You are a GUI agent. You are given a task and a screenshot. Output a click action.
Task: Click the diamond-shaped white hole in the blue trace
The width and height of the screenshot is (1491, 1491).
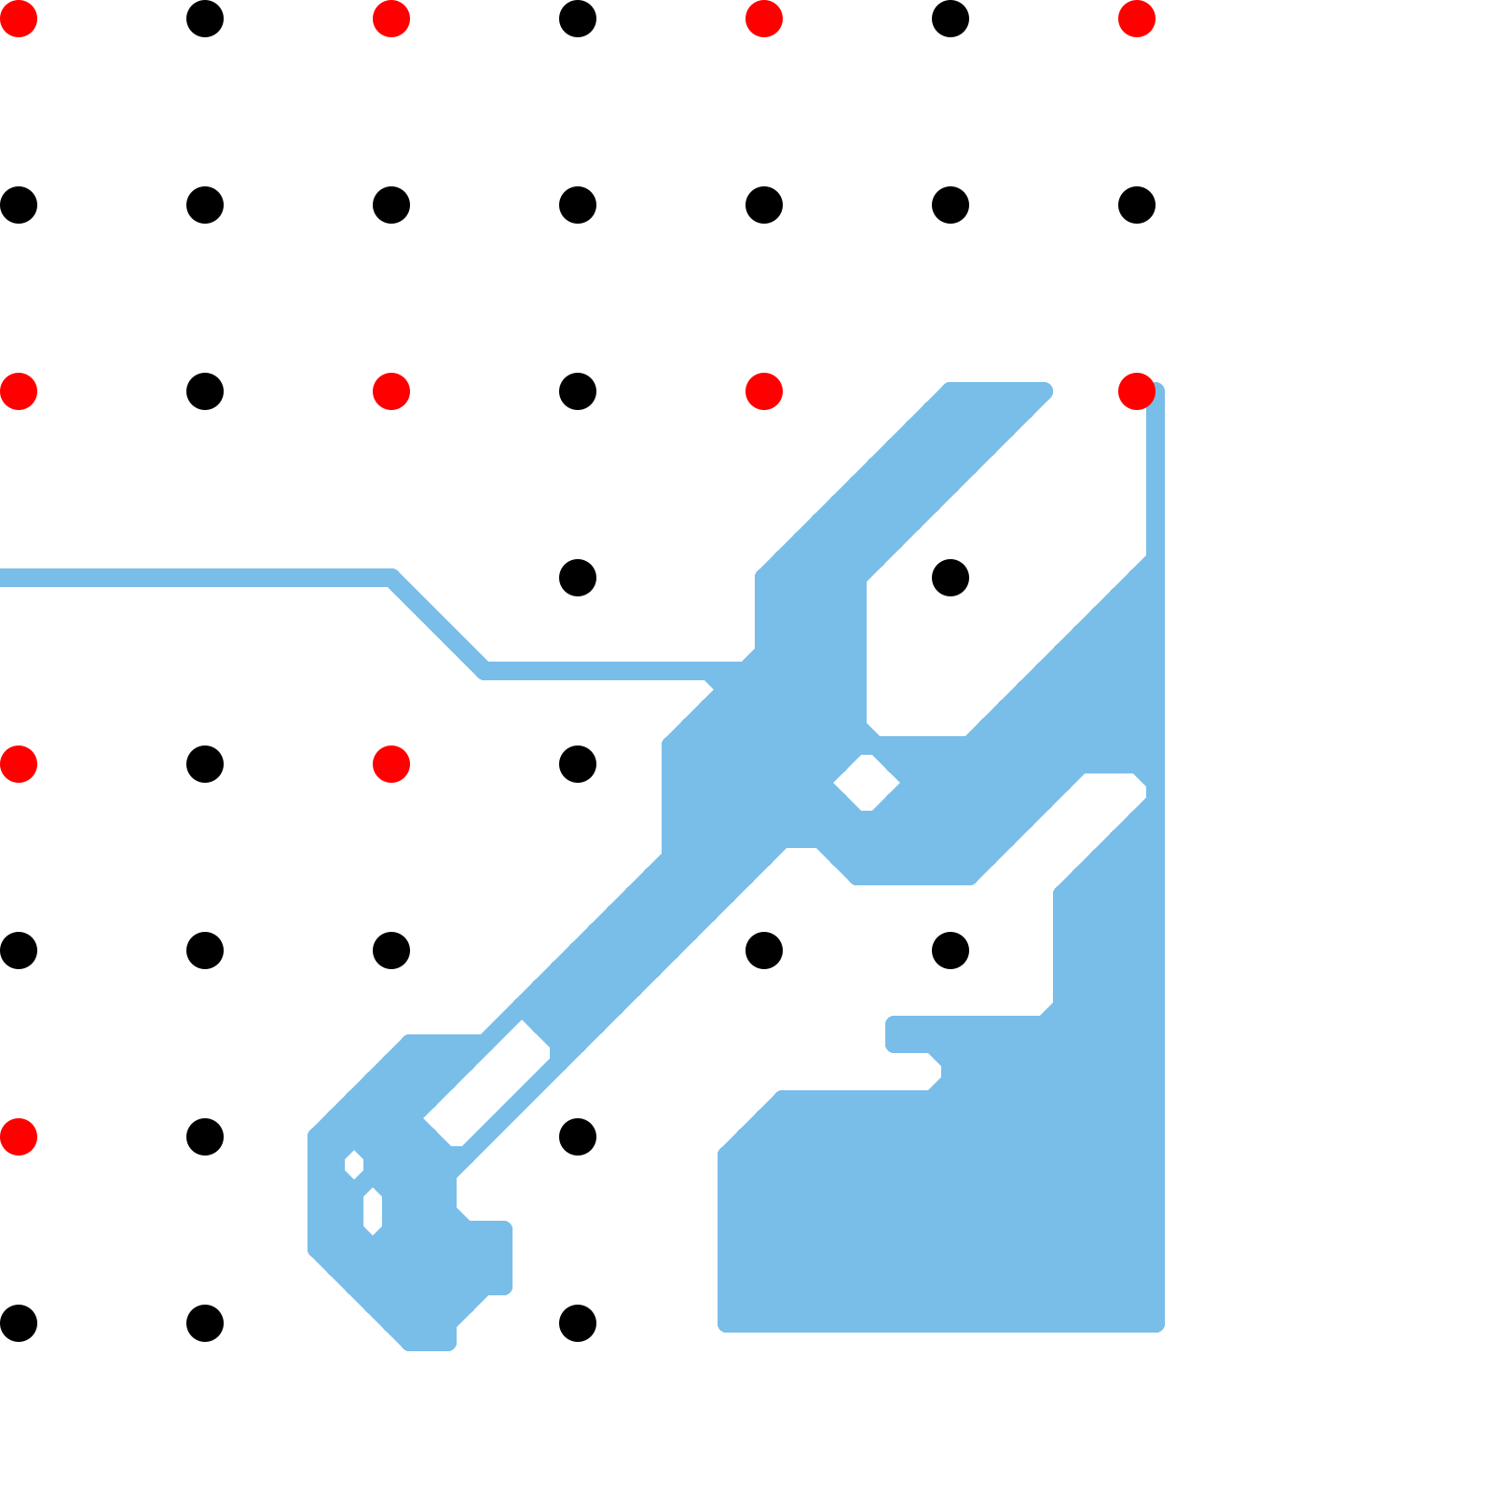pyautogui.click(x=867, y=783)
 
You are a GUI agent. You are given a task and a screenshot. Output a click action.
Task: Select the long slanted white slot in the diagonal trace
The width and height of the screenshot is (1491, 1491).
pyautogui.click(x=487, y=1084)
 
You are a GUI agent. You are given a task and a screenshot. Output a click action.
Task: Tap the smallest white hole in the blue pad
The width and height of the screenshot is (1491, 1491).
pyautogui.click(x=354, y=1165)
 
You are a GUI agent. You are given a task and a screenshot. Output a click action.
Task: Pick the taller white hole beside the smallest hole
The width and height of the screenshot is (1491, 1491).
pyautogui.click(x=373, y=1211)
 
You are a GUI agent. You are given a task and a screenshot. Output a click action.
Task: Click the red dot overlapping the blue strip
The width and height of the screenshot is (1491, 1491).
pyautogui.click(x=1137, y=391)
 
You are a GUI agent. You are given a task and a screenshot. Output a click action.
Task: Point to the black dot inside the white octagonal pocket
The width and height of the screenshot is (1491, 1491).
pyautogui.click(x=951, y=578)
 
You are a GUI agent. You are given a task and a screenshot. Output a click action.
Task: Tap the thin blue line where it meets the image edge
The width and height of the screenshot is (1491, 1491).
pyautogui.click(x=4, y=578)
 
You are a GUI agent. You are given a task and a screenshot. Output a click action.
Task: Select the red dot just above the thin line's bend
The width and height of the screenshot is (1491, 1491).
pyautogui.click(x=391, y=391)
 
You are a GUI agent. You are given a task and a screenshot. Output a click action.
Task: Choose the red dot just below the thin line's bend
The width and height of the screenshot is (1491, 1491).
pyautogui.click(x=391, y=764)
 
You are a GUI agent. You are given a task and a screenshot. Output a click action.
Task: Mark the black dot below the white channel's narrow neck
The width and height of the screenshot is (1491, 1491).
pyautogui.click(x=951, y=951)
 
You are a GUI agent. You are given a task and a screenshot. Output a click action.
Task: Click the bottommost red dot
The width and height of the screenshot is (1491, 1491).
pyautogui.click(x=19, y=1137)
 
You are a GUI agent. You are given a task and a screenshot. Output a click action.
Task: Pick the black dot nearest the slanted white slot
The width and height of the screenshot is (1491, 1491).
pyautogui.click(x=578, y=1137)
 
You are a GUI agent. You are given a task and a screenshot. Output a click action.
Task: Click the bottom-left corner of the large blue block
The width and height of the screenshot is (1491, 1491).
pyautogui.click(x=723, y=1325)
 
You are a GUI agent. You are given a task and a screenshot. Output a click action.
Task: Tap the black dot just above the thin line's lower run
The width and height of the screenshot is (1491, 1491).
pyautogui.click(x=578, y=578)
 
